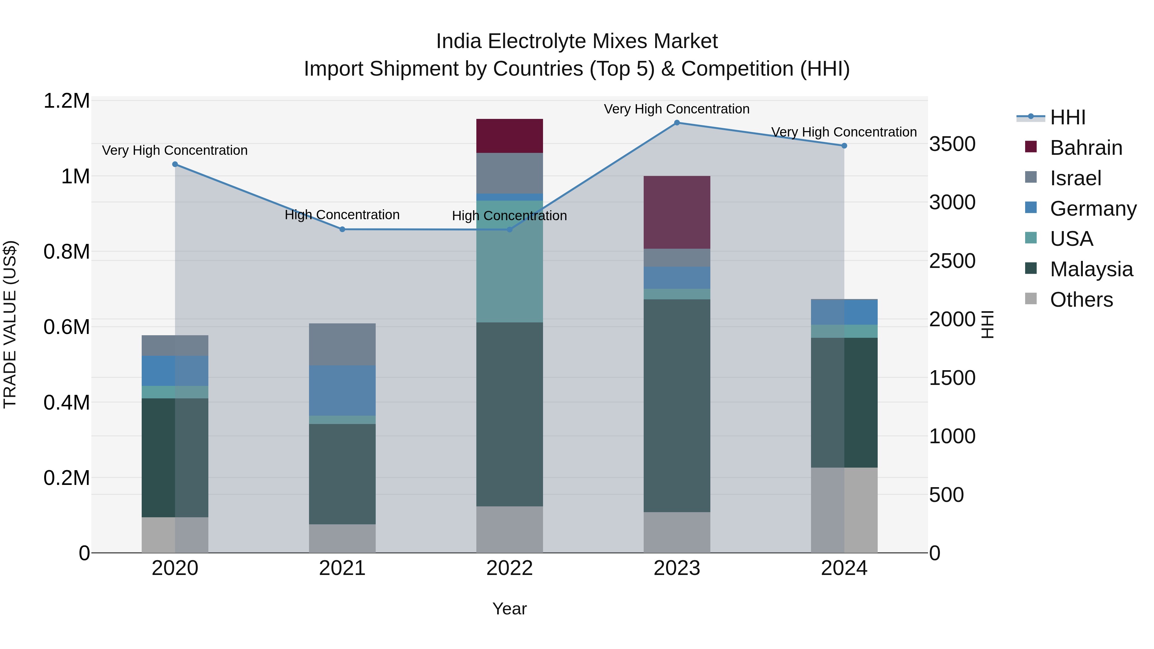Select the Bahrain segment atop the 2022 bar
[x=509, y=136]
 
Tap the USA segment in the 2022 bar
[x=509, y=261]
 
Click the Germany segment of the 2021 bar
[x=342, y=390]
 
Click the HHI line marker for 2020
[x=175, y=164]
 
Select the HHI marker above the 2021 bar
[x=342, y=229]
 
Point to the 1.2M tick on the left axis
[x=67, y=101]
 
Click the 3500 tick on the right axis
[x=952, y=144]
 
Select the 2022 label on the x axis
[x=509, y=568]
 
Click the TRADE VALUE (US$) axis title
[x=10, y=324]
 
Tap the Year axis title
[x=509, y=609]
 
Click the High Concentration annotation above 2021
[x=342, y=215]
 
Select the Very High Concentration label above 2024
[x=844, y=132]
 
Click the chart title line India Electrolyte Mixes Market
[x=577, y=41]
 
